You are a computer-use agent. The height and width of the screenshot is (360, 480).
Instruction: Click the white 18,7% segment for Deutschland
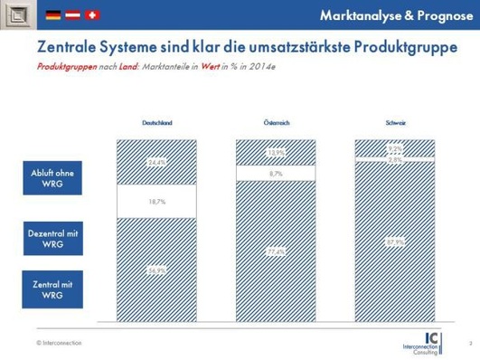[x=157, y=205]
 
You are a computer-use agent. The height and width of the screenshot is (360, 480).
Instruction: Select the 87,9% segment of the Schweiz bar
[x=395, y=242]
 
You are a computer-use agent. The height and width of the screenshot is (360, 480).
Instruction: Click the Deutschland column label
[x=157, y=122]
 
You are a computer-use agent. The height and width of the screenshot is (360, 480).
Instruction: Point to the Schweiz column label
[x=395, y=122]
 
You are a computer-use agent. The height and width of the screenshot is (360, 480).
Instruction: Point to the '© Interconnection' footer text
[x=57, y=342]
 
